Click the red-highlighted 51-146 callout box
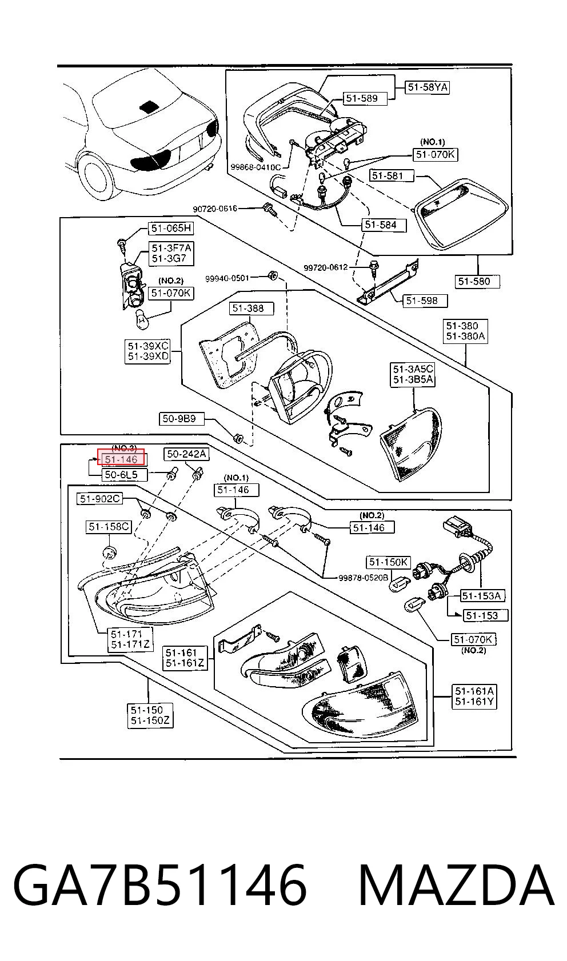coord(121,457)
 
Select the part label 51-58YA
coord(428,87)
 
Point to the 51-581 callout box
coord(392,175)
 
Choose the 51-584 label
coord(384,225)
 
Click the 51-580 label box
coord(477,282)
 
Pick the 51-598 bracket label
coord(425,301)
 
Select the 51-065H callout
coord(171,228)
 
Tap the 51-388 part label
coord(251,308)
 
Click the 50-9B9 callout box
coord(182,419)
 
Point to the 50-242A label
coord(187,454)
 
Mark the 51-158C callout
coord(109,526)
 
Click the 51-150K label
coord(389,562)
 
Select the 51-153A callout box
coord(482,595)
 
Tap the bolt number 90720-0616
coord(215,209)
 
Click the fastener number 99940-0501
coord(227,278)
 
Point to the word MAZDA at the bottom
coord(456,886)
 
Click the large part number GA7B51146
coord(159,886)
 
